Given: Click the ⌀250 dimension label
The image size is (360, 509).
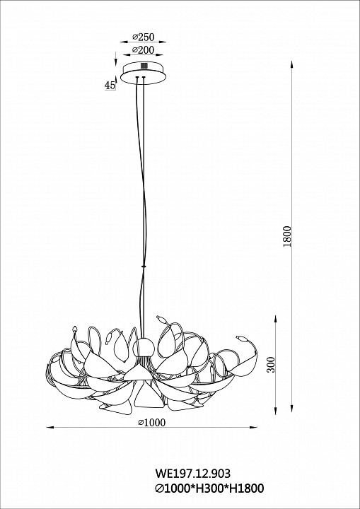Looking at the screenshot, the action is (x=144, y=37).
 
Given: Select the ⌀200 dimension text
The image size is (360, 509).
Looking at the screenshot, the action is (x=144, y=50).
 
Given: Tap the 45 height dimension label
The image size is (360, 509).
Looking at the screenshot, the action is (x=110, y=86).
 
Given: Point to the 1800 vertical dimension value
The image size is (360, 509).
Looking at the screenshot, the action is (x=287, y=236).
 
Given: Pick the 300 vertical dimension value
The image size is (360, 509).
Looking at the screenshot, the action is (x=271, y=365).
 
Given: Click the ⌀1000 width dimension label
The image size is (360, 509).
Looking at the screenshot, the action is (x=152, y=422).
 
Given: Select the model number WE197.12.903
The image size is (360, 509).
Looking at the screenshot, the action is (x=192, y=473).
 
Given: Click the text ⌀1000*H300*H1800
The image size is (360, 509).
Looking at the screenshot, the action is (x=209, y=488).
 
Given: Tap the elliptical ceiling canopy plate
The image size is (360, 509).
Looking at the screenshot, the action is (x=144, y=73).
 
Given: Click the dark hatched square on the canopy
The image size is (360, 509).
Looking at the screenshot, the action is (x=144, y=65).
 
